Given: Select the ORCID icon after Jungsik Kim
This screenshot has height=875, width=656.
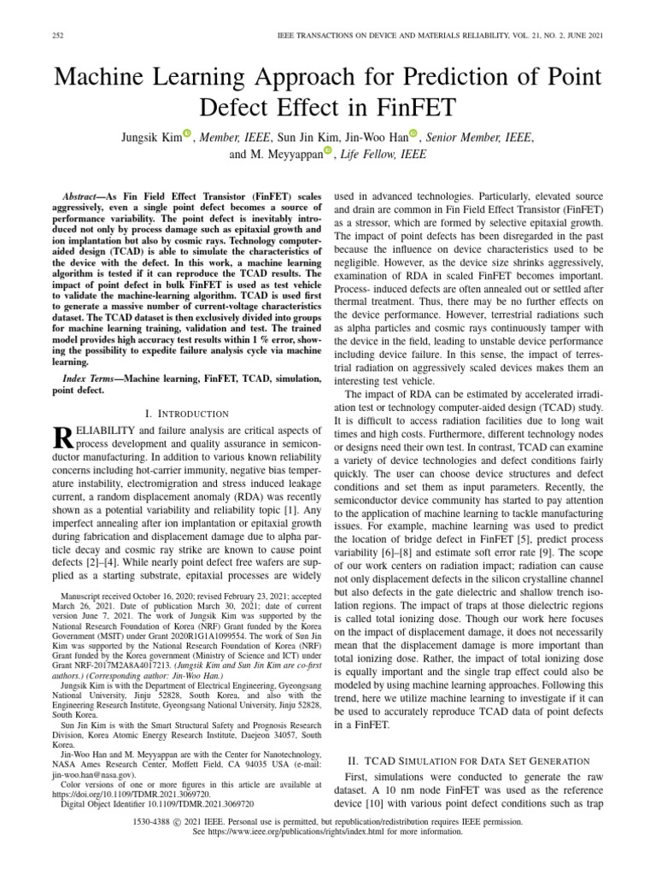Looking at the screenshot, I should (187, 135).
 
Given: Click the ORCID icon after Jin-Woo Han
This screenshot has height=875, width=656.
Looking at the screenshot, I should (413, 135).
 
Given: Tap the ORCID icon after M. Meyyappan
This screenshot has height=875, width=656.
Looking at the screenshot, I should (328, 153).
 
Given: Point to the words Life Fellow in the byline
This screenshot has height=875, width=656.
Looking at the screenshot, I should (373, 155).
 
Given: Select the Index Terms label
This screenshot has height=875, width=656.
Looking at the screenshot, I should (91, 378).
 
